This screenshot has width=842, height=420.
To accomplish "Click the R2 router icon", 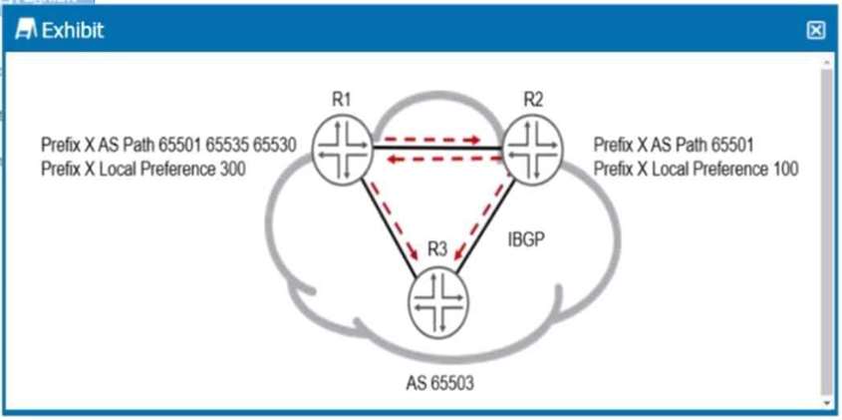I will [533, 148].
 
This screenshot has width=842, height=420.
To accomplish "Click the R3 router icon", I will [436, 302].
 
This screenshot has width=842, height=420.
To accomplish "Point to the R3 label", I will [436, 250].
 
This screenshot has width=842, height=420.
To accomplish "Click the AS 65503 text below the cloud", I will [437, 382].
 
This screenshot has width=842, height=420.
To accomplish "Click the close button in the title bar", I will [815, 31].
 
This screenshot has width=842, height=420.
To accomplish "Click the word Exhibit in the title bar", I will [72, 31].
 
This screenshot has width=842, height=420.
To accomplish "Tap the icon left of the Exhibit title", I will [26, 31].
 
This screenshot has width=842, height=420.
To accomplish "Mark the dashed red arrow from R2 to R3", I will [485, 221].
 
